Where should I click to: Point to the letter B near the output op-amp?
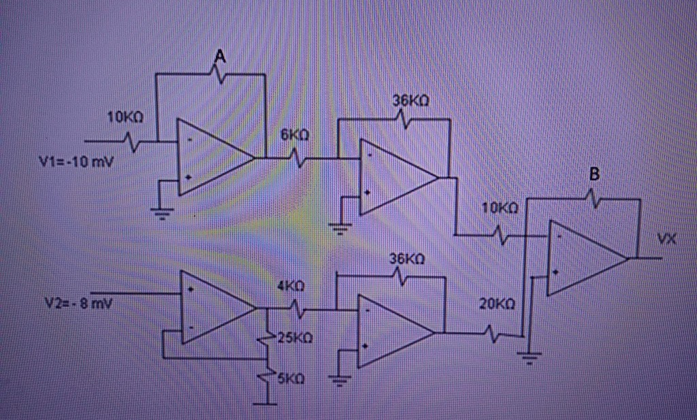tap(594, 175)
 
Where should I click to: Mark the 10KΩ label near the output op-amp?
tap(500, 208)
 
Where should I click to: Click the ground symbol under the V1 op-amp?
tap(161, 213)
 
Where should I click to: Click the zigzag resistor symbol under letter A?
tap(219, 74)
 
